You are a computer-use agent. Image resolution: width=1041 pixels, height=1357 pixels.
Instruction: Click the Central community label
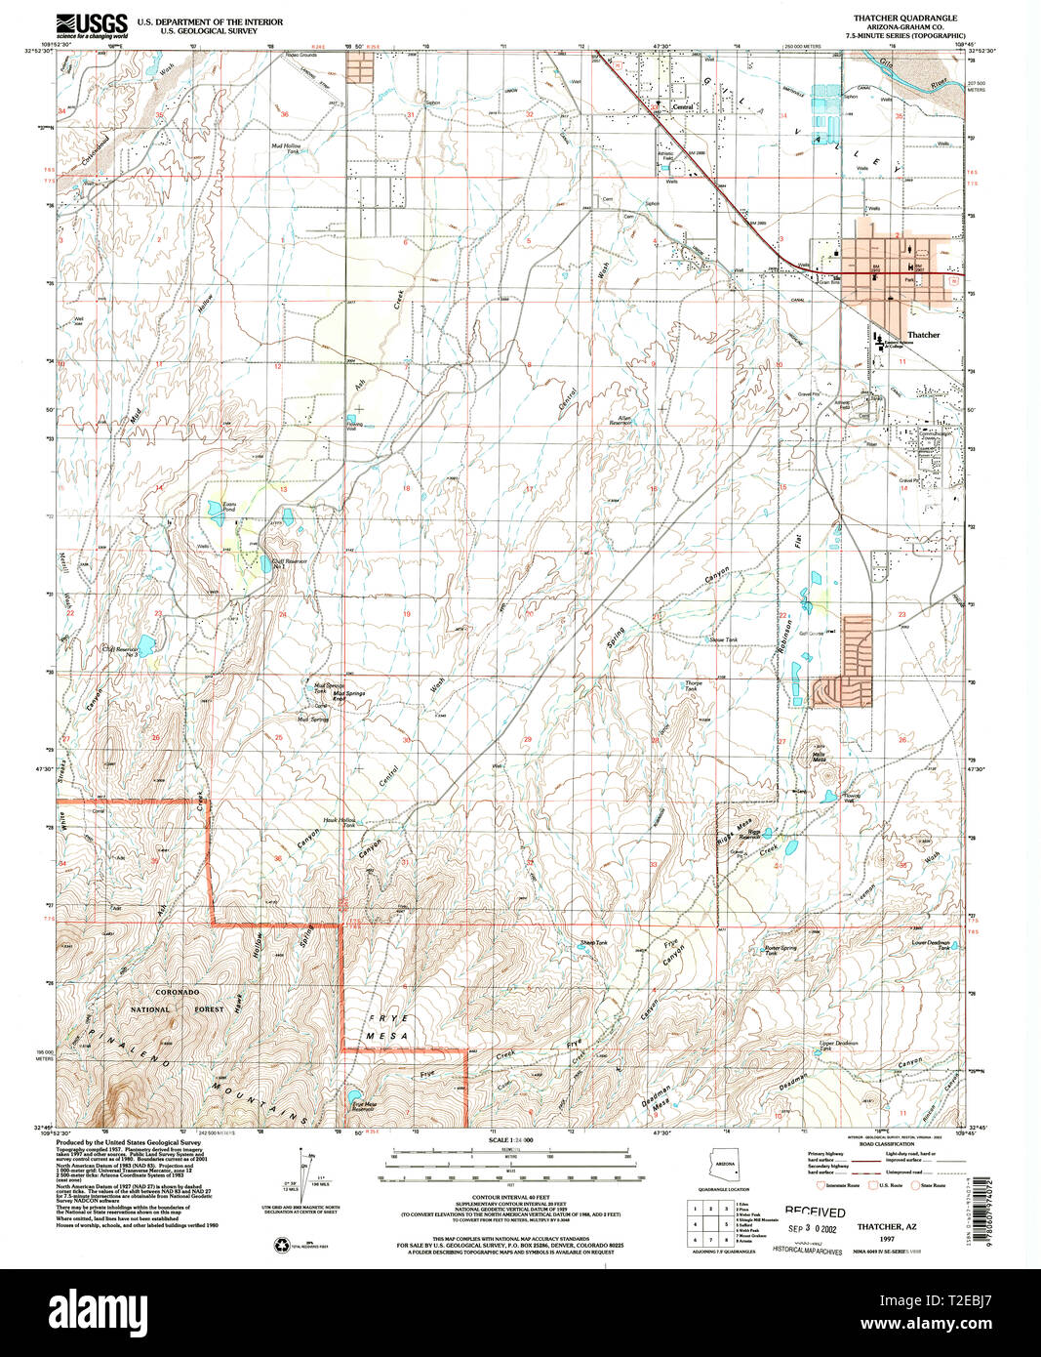(682, 104)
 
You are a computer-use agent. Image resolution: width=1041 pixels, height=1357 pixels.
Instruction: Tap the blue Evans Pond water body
(213, 509)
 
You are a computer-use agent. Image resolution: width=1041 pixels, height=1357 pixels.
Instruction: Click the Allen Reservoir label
(621, 421)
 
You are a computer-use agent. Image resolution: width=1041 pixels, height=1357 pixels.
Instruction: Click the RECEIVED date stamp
(815, 1212)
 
